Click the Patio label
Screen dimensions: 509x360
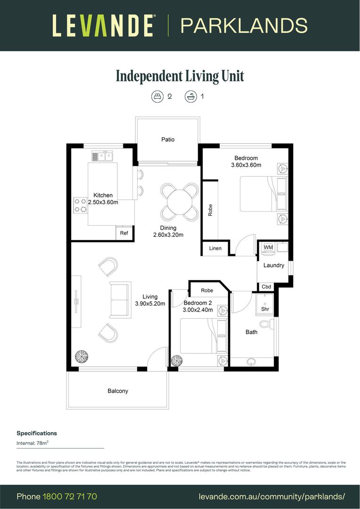168,140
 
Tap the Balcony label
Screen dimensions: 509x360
118,391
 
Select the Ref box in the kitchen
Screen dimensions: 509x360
124,233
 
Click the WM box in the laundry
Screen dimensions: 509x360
268,247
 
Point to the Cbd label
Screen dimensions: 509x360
266,287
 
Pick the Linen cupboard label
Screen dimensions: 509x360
215,248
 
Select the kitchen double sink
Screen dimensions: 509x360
101,156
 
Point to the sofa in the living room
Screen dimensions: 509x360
120,300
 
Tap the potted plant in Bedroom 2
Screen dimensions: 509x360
177,361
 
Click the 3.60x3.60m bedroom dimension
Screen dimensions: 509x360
246,165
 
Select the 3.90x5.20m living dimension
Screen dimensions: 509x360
150,304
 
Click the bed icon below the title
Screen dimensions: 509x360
157,97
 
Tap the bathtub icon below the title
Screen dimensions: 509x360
190,97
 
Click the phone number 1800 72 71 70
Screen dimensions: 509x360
70,496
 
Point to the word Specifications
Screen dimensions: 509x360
37,433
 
